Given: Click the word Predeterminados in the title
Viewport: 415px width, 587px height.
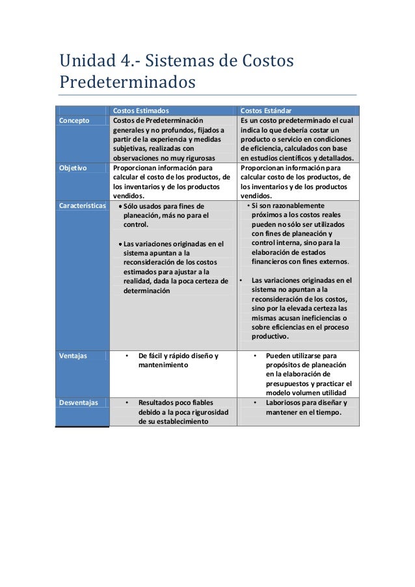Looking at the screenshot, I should pos(127,84).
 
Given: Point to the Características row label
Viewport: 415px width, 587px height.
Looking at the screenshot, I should pos(82,205).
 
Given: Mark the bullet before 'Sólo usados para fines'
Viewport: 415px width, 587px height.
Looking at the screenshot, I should pos(120,207).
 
